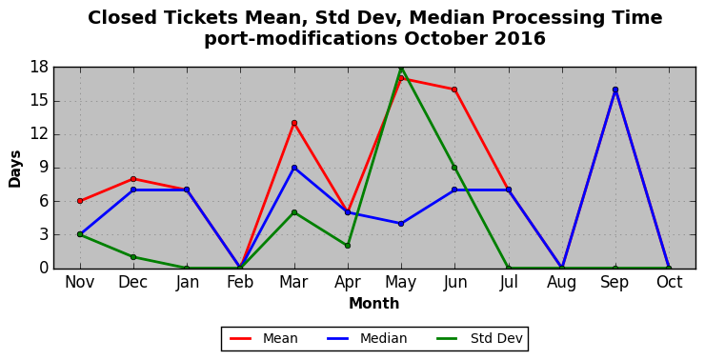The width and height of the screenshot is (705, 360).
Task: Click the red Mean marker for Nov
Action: pyautogui.click(x=80, y=201)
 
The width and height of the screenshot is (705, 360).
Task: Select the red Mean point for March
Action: pyautogui.click(x=294, y=123)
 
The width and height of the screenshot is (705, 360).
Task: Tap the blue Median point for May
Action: pyautogui.click(x=401, y=224)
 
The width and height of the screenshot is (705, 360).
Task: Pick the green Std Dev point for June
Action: pyautogui.click(x=454, y=168)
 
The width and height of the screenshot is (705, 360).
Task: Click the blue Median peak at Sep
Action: pyautogui.click(x=615, y=90)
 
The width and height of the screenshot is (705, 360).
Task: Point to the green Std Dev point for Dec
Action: pyautogui.click(x=133, y=257)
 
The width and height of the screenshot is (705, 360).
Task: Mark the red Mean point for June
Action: pyautogui.click(x=454, y=90)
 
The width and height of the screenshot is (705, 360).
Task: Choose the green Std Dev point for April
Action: pyautogui.click(x=348, y=246)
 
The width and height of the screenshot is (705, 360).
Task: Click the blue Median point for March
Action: pyautogui.click(x=294, y=168)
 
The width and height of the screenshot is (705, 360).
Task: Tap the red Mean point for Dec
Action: pyautogui.click(x=133, y=179)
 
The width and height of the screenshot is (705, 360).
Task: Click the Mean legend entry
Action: pyautogui.click(x=264, y=338)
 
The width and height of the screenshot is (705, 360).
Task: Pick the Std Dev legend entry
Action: pyautogui.click(x=480, y=338)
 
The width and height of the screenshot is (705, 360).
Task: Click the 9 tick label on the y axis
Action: pyautogui.click(x=44, y=168)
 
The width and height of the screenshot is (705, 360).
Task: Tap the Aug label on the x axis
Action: pyautogui.click(x=561, y=282)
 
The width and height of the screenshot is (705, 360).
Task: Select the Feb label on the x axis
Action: pyautogui.click(x=240, y=282)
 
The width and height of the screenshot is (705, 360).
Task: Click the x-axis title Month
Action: pyautogui.click(x=374, y=304)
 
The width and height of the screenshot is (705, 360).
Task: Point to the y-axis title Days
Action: pyautogui.click(x=15, y=169)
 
